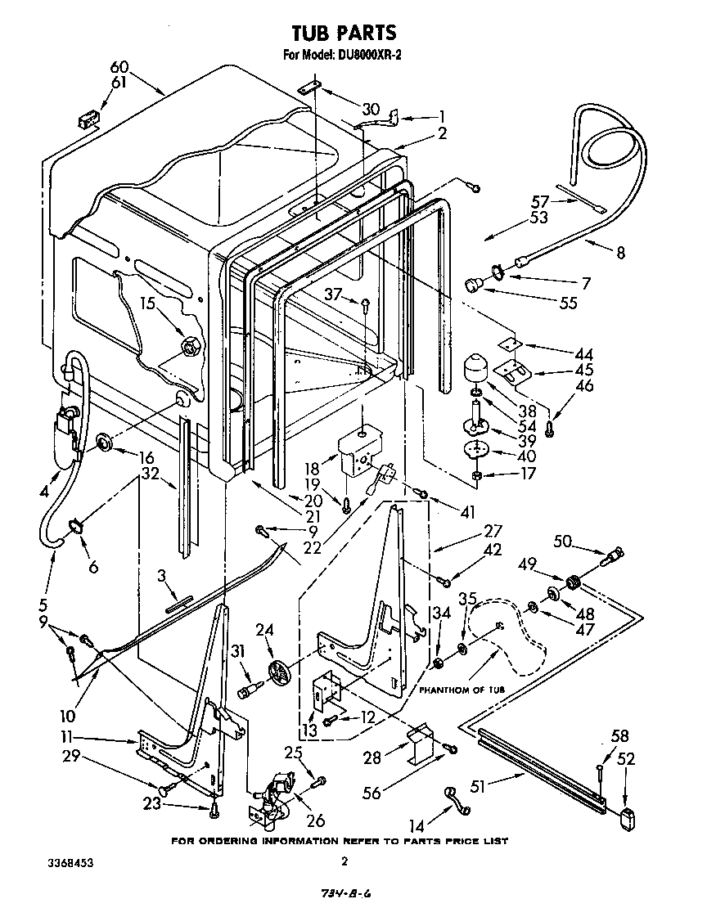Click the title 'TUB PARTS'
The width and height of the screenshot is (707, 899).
[x=344, y=32]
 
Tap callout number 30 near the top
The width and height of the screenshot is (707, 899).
[x=371, y=109]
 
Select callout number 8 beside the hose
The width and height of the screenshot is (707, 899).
[x=620, y=253]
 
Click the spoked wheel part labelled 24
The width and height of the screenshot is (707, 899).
[x=281, y=672]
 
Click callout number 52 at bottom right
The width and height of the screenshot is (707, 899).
[x=626, y=758]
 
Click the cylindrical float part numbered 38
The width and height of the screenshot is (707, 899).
[x=475, y=368]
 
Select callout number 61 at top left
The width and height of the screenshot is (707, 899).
[x=120, y=82]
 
